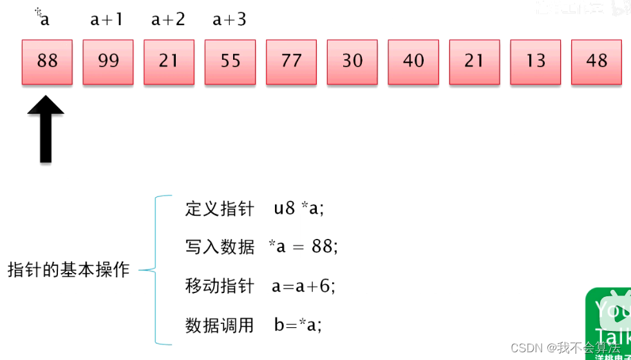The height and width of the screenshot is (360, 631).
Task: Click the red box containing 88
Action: pyautogui.click(x=47, y=62)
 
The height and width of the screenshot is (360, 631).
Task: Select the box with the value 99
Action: pyautogui.click(x=108, y=62)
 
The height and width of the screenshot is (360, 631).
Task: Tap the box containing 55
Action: pyautogui.click(x=230, y=62)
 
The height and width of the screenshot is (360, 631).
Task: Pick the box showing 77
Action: pyautogui.click(x=291, y=62)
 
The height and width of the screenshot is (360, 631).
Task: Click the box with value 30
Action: pyautogui.click(x=352, y=62)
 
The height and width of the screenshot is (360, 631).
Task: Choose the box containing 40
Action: pyautogui.click(x=413, y=62)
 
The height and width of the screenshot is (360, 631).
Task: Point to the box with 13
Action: pyautogui.click(x=535, y=62)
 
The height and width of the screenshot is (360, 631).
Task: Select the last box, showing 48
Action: pyautogui.click(x=596, y=62)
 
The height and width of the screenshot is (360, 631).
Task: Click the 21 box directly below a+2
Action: pyautogui.click(x=169, y=62)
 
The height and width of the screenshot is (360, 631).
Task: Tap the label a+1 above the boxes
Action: pyautogui.click(x=106, y=20)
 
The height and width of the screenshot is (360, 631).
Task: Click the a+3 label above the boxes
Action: pyautogui.click(x=229, y=20)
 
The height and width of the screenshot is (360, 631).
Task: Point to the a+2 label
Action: pyautogui.click(x=168, y=20)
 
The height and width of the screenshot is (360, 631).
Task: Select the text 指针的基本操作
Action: pyautogui.click(x=69, y=270)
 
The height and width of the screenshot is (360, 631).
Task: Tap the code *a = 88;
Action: pyautogui.click(x=303, y=247)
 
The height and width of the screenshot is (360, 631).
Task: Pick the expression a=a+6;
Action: pyautogui.click(x=304, y=286)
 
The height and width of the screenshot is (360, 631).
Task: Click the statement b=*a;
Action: pyautogui.click(x=298, y=325)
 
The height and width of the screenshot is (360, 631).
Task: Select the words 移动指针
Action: pyautogui.click(x=220, y=286)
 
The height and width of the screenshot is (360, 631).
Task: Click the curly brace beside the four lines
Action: pyautogui.click(x=155, y=270)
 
